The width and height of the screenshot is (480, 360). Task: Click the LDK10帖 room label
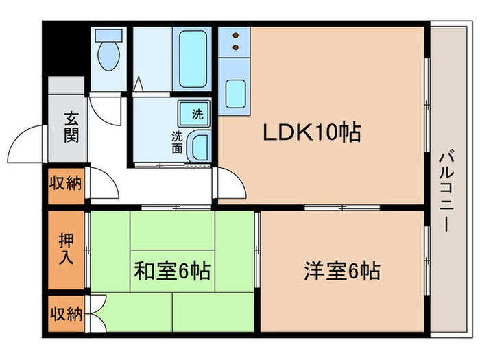[312, 133]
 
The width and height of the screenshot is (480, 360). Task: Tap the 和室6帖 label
[171, 272]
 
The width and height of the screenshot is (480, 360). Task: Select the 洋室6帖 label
[341, 272]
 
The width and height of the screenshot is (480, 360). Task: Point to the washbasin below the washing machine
[200, 145]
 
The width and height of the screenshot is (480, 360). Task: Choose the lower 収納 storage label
[66, 314]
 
